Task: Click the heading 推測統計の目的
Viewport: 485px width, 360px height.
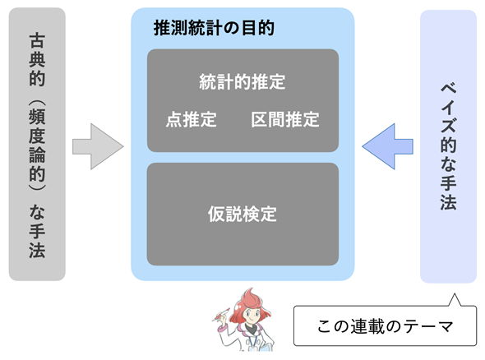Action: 214,28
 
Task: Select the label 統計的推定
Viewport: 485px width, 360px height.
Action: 242,82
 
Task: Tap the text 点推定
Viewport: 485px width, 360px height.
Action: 192,119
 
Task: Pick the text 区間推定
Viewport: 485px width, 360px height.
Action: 285,119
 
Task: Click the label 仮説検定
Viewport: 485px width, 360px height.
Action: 242,214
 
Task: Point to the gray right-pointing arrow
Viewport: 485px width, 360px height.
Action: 98,146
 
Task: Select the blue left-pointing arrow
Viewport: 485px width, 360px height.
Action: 387,146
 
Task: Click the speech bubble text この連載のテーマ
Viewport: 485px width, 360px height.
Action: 385,326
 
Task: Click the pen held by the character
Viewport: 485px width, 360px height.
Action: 221,315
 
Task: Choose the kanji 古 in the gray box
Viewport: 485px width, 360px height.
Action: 37,40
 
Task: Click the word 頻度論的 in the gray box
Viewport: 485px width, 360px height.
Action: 37,145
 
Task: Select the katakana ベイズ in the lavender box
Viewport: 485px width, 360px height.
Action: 448,108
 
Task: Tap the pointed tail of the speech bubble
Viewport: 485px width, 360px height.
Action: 455,294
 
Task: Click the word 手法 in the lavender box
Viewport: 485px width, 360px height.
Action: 448,192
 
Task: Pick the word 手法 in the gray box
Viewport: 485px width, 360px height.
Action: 37,240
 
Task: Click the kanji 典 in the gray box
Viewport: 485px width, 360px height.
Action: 37,59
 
